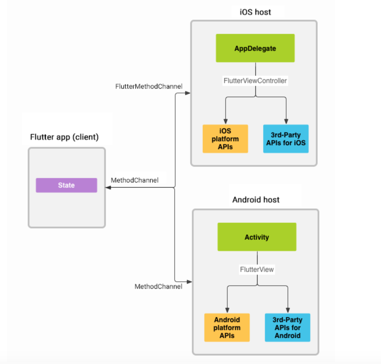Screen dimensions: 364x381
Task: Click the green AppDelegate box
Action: (255, 48)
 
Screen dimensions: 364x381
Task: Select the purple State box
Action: (66, 185)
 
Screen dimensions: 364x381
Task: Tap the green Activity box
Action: (257, 237)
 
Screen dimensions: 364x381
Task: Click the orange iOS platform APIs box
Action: (225, 139)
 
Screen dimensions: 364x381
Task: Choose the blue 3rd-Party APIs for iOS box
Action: (286, 139)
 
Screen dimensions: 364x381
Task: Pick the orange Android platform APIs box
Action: (227, 328)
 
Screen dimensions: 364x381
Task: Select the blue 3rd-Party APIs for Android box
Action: (287, 328)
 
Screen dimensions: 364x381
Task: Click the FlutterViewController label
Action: (255, 81)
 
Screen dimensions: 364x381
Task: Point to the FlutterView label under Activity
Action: (257, 270)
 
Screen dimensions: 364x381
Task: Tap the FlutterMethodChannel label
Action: (149, 86)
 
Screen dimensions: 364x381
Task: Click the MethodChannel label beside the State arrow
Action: (134, 180)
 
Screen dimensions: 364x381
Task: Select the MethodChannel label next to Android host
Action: (158, 287)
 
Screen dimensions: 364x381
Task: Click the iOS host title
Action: (255, 12)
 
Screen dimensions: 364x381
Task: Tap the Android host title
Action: (256, 200)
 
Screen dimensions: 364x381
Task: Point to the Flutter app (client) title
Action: (64, 137)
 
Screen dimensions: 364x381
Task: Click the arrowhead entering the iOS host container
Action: (188, 93)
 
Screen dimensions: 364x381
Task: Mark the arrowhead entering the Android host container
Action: (189, 282)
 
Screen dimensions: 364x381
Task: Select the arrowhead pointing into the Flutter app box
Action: (108, 187)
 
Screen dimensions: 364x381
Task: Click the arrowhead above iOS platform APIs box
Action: (226, 122)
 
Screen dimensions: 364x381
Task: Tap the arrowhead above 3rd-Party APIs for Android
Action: (288, 310)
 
